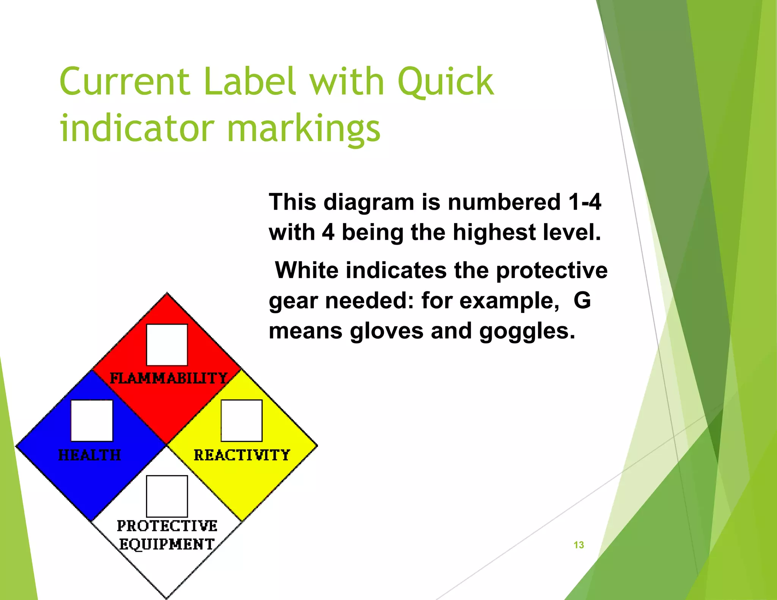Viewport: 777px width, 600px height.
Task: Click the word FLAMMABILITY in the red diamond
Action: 168,378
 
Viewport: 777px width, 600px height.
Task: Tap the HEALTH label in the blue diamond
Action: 90,455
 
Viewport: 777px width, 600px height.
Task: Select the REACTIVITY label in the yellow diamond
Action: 242,455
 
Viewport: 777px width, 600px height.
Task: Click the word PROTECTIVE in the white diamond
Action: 167,526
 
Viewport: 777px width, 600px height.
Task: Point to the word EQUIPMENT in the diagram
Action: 167,544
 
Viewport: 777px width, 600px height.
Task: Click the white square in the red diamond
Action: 167,345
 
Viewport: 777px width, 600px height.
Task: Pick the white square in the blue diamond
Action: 92,421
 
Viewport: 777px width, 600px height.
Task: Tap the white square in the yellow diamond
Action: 242,421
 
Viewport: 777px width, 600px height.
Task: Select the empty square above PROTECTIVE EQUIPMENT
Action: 167,496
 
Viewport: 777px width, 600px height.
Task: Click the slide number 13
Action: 579,545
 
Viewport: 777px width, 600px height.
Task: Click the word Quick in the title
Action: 445,82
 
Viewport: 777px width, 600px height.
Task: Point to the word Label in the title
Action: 250,82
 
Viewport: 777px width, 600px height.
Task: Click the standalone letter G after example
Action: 582,300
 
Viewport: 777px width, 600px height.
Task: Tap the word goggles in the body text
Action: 527,331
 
